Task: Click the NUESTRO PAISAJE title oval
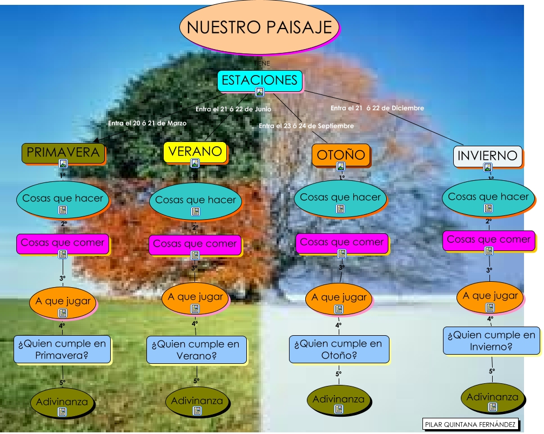pos(259,28)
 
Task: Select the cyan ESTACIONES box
pos(260,80)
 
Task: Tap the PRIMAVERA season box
pos(63,153)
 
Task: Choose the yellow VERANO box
pos(195,152)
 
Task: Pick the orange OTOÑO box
pos(341,155)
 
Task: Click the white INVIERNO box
pos(487,156)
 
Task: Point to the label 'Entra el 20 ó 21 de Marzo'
pos(147,124)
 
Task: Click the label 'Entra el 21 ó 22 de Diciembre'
pos(377,108)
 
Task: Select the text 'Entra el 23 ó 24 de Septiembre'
pos(306,126)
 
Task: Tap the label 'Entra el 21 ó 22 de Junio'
pos(233,109)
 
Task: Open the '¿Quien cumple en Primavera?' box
pos(62,349)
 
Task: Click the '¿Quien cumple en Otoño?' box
pos(338,349)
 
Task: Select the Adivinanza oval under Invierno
pos(492,398)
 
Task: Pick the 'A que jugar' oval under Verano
pos(195,297)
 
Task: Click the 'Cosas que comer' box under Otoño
pos(341,242)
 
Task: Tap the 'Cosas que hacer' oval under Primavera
pos(62,199)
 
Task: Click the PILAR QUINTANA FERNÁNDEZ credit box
pos(470,424)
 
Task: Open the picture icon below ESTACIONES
pos(260,92)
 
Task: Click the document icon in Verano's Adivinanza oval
pos(197,411)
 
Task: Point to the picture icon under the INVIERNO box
pos(488,168)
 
